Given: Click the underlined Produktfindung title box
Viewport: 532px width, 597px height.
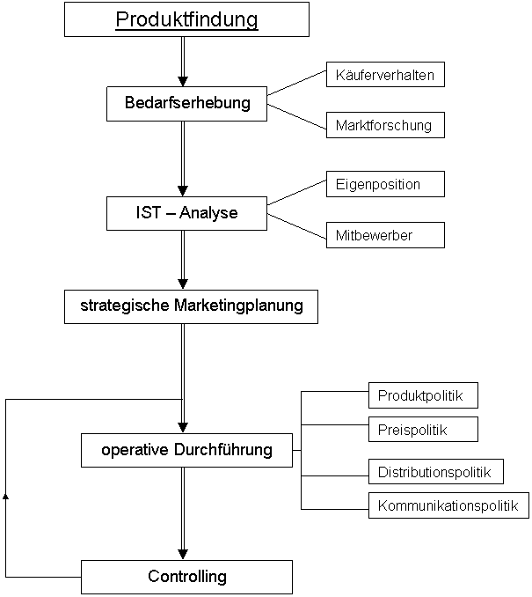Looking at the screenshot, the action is tap(186, 19).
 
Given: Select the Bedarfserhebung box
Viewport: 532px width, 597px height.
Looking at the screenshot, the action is tap(186, 104).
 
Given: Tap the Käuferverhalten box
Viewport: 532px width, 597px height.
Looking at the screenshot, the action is tap(385, 75).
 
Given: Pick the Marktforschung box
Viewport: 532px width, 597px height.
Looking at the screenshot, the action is tap(385, 125).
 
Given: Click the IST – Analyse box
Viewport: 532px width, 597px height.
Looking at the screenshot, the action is tap(186, 213).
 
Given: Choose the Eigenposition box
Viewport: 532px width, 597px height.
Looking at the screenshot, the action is tap(385, 184).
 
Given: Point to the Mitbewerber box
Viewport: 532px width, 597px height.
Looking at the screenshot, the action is tap(385, 235).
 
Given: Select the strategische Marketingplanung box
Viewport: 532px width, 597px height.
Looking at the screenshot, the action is tap(191, 307).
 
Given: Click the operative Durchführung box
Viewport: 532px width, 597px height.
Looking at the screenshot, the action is tap(186, 450).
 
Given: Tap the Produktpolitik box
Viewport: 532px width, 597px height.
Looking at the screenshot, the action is tap(423, 395).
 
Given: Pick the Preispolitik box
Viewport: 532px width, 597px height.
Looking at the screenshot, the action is tap(423, 430).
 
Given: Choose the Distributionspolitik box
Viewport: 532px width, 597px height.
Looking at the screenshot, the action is tap(436, 471).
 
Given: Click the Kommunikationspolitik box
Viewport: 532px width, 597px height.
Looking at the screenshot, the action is tap(448, 505).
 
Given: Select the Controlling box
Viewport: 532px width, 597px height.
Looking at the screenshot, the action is tap(186, 577).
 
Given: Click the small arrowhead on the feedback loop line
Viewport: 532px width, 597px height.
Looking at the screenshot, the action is tap(5, 496).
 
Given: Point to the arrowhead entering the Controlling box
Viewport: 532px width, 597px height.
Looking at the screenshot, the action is tap(183, 555).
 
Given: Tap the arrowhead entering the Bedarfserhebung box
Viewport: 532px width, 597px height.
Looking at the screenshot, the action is tap(183, 81).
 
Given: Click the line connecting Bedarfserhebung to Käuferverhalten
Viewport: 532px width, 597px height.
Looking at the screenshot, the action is tap(296, 83).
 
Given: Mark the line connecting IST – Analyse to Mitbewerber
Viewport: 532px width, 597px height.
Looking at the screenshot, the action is tap(296, 226).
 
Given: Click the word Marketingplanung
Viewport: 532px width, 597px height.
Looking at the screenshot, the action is tap(238, 306).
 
